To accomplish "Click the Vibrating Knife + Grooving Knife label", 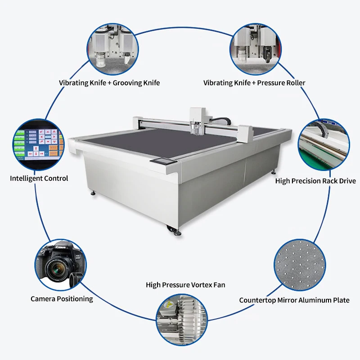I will pyautogui.click(x=109, y=83).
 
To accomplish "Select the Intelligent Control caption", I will pyautogui.click(x=39, y=178).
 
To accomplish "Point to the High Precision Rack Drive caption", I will pyautogui.click(x=315, y=181).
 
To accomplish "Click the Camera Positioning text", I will pyautogui.click(x=62, y=298).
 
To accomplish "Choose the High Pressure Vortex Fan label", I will pyautogui.click(x=185, y=285).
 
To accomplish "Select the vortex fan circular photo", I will pyautogui.click(x=181, y=319).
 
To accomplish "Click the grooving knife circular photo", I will pyautogui.click(x=113, y=48).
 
